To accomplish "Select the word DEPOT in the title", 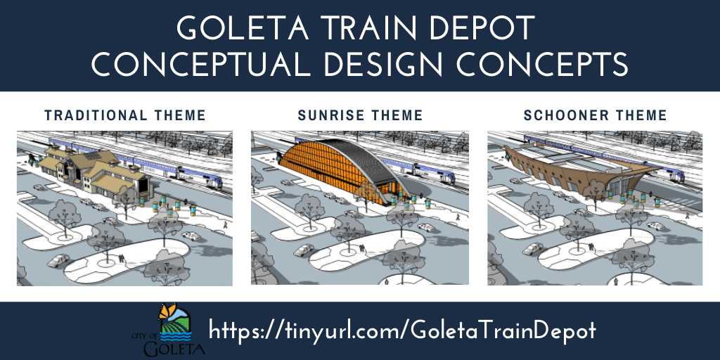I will coord(488,28).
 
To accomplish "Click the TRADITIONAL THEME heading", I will coord(125,115).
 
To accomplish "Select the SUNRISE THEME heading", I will coord(360,115).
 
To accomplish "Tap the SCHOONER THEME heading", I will coord(596,115).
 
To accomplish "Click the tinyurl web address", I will coord(403,330).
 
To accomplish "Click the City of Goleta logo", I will coord(169,331).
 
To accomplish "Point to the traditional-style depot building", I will coord(91,169).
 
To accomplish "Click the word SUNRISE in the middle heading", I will coord(330,115).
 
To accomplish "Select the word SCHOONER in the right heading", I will coord(570,115).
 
